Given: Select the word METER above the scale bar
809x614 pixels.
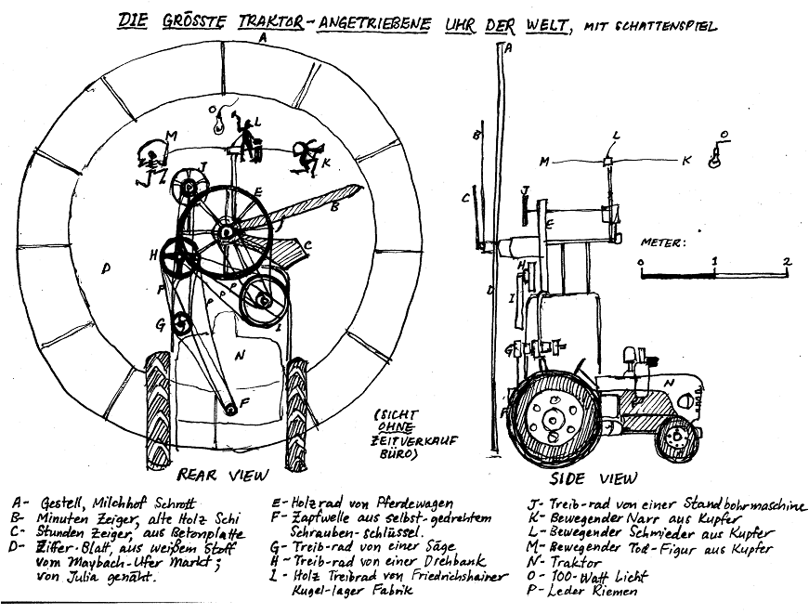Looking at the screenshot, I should tap(662, 242).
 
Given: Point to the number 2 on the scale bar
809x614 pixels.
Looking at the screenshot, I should tap(786, 262).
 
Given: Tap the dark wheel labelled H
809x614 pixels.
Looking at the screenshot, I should tap(176, 252).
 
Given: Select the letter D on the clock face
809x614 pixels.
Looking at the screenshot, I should tap(106, 269).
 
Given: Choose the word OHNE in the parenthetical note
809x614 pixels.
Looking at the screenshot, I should tap(397, 430).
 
